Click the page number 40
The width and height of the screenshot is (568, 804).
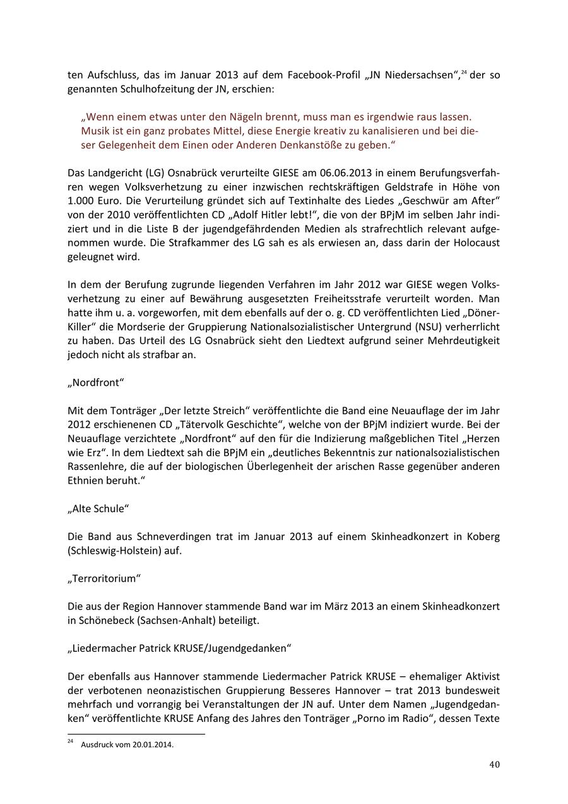coord(494,764)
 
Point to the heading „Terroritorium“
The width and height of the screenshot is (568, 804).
coord(104,579)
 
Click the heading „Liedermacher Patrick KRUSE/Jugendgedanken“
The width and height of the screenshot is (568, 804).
coord(179,649)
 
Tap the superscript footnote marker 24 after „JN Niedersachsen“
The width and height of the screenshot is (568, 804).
coord(463,73)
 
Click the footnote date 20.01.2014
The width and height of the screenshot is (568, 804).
coord(153,745)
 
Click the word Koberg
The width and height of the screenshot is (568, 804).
coord(483,537)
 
